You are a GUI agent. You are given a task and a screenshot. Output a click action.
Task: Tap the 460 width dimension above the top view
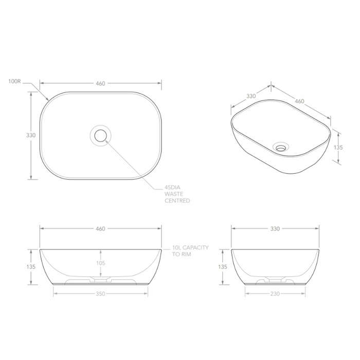point(100,84)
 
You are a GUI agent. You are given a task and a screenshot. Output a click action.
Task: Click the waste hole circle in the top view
point(100,135)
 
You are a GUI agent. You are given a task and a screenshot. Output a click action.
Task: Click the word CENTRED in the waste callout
point(177,201)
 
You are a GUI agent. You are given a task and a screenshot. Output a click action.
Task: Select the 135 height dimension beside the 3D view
point(338,147)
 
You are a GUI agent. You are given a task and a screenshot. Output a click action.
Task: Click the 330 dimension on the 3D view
point(251,96)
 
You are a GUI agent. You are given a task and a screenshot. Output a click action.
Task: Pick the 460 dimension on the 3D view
point(300,101)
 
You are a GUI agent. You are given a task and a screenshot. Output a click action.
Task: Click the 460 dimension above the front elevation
point(100,228)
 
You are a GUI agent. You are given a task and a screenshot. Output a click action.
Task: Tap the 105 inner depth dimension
point(100,263)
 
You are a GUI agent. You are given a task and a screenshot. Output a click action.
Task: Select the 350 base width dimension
point(100,294)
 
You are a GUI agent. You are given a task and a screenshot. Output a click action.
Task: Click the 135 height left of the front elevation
point(30,267)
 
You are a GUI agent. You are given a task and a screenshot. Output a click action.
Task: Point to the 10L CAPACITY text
point(191,247)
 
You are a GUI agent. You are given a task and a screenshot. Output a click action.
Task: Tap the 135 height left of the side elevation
point(222,267)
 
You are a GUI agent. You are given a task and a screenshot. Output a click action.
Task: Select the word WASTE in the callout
point(174,194)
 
